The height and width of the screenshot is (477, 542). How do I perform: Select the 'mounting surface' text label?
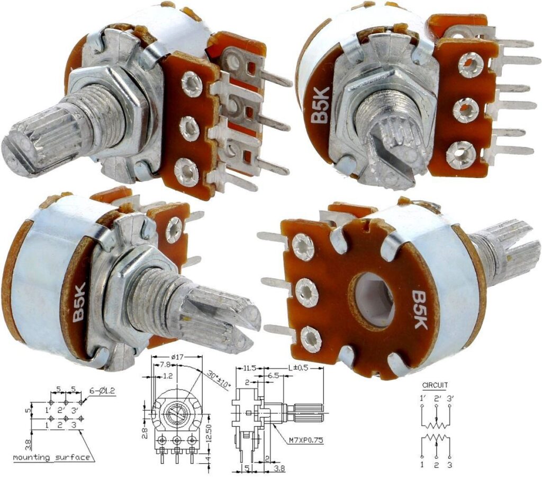coord(51,457)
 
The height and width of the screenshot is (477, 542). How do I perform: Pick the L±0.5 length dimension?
coord(296,366)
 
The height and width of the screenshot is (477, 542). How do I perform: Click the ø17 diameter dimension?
coord(176,357)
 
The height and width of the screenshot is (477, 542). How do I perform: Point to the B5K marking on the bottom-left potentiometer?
coord(79,303)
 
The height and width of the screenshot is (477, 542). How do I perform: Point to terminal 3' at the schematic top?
coord(449,397)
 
